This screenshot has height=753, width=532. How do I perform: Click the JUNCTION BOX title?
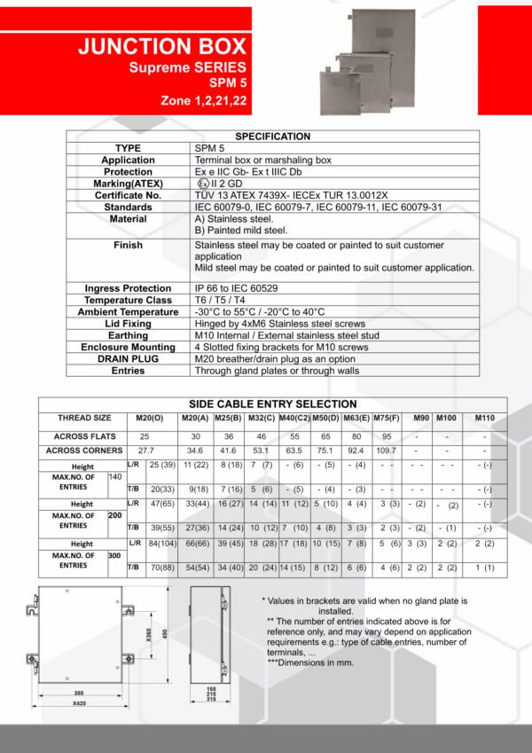pos(162,47)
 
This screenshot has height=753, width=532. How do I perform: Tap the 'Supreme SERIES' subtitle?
pos(187,67)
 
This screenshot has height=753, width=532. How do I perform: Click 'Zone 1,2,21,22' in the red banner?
pos(203,101)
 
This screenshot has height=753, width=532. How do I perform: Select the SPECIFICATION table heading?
pos(272,137)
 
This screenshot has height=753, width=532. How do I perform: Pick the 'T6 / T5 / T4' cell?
pos(219,301)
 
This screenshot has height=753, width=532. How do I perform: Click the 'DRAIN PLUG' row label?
pos(129,358)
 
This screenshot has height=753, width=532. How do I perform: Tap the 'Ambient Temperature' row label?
pos(129,312)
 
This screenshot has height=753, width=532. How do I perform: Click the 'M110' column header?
pos(484,418)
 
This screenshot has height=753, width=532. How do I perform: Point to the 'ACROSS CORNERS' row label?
pos(84,451)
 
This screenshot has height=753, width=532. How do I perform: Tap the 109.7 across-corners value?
pos(385,451)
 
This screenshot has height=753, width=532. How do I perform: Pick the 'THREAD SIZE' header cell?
pos(84,418)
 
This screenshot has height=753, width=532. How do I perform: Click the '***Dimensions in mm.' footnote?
pos(305,663)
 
